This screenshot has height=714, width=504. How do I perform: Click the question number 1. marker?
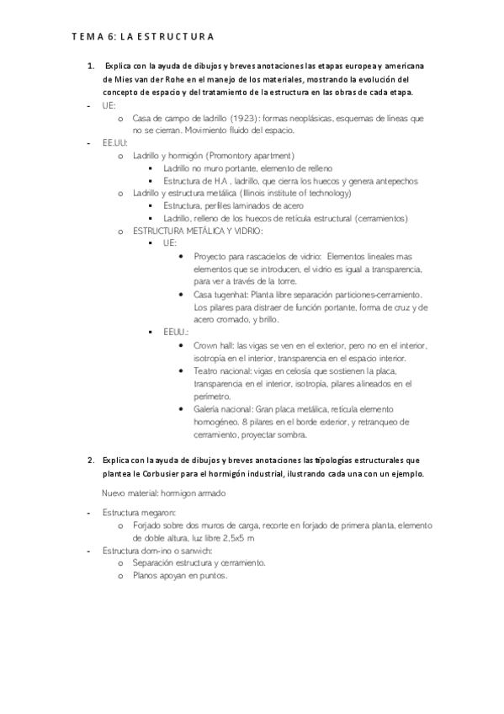tap(92, 66)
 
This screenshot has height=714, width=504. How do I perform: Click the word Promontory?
tap(231, 156)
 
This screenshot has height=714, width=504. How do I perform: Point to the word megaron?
tap(158, 512)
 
